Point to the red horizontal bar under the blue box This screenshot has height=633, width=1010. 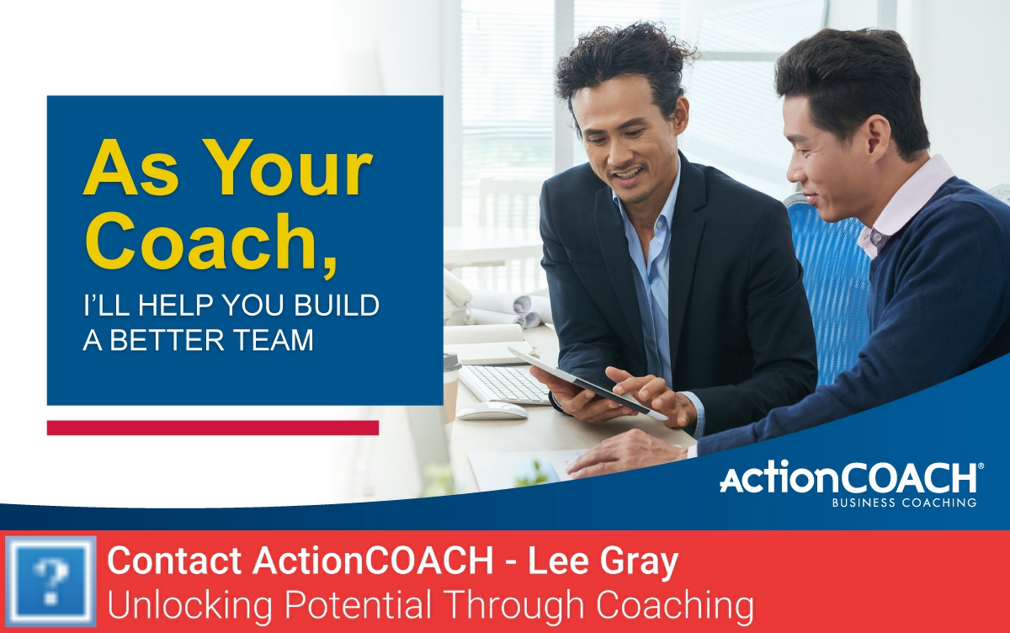click(x=212, y=428)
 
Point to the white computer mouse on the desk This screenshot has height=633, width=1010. click(x=491, y=411)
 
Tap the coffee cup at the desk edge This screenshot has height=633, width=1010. click(x=451, y=384)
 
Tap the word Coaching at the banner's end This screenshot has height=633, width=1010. click(x=678, y=605)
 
